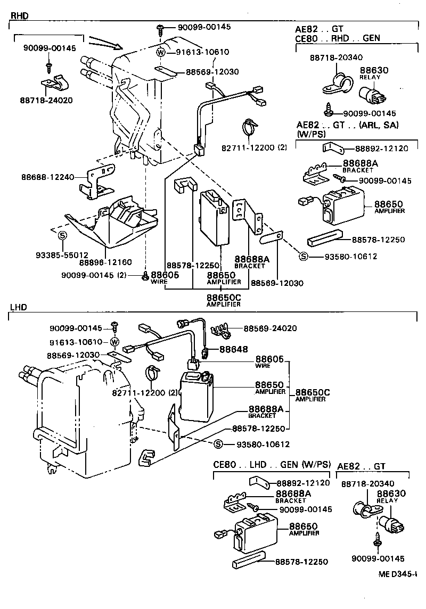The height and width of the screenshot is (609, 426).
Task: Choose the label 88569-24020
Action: click(x=270, y=328)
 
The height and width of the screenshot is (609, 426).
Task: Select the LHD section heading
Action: click(x=18, y=308)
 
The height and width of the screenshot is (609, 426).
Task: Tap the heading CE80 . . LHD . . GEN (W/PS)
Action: click(x=272, y=464)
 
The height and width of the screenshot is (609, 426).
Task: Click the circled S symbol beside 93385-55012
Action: click(x=62, y=235)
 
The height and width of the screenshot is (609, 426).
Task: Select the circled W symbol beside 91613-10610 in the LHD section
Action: click(x=114, y=342)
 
